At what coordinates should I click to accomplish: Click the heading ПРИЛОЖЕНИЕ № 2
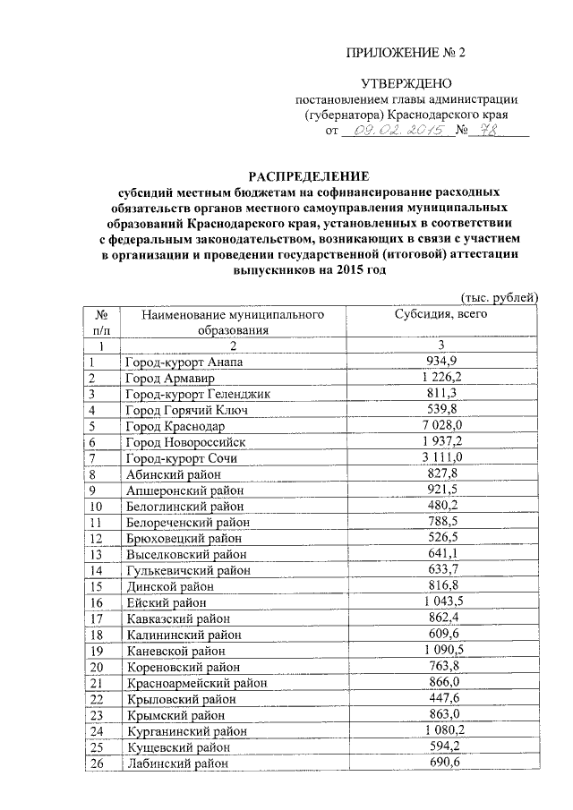point(406,51)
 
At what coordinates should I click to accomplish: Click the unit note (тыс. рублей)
point(499,297)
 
